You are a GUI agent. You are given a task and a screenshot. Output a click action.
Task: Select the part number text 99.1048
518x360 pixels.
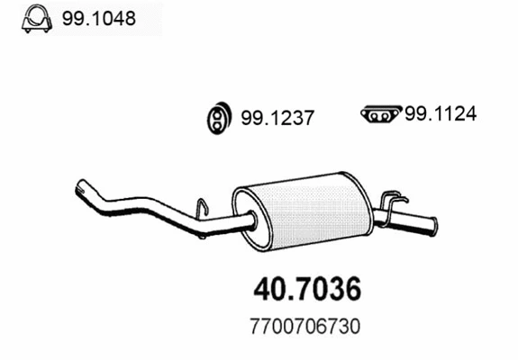[x=98, y=19]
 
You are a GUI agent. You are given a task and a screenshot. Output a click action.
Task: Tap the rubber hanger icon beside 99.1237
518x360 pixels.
[x=217, y=119]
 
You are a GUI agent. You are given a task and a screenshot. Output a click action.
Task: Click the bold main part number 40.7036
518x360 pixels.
[x=307, y=289]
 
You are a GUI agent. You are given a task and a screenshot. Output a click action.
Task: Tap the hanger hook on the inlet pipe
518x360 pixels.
[x=203, y=209]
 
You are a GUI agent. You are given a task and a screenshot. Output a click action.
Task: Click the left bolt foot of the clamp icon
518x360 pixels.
[x=26, y=28]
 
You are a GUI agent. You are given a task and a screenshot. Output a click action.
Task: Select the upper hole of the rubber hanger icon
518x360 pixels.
[x=217, y=112]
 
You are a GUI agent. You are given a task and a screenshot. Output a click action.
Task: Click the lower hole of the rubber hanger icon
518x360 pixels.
[x=217, y=125]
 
